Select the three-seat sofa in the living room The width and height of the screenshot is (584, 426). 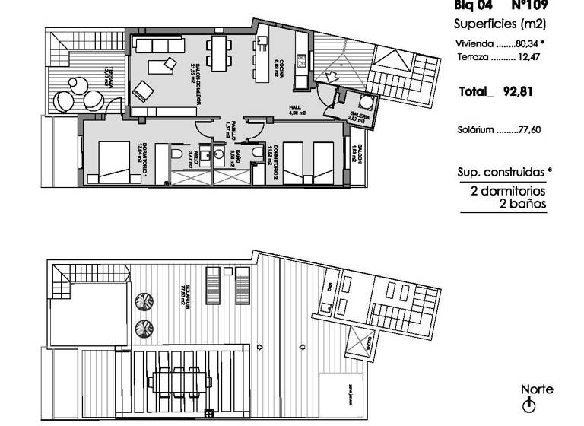[x=157, y=45]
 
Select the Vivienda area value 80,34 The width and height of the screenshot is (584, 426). [x=526, y=43]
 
